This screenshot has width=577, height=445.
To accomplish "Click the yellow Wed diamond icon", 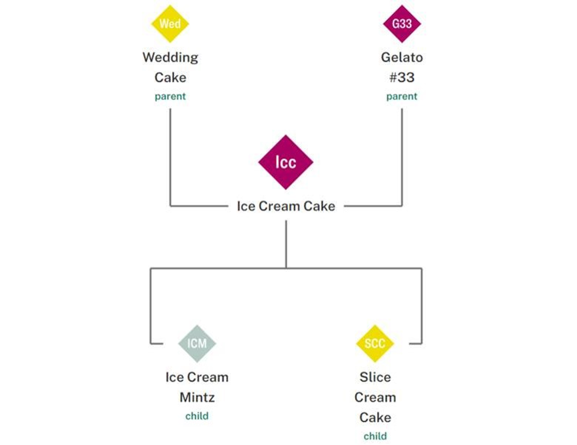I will (170, 24).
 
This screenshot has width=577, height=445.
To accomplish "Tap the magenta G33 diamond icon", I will (402, 24).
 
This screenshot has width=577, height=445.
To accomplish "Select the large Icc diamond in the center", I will (286, 162).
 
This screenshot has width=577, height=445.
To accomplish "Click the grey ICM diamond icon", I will (197, 343).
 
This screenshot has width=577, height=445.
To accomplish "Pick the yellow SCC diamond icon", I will (375, 343).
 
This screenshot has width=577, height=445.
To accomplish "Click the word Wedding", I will (170, 57).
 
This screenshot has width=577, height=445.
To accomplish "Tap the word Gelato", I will (402, 57).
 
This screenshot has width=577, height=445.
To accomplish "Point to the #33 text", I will (402, 77).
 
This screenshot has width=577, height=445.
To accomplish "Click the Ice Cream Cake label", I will (286, 206).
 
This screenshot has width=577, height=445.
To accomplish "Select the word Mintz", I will (197, 397).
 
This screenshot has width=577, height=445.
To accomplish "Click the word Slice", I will (375, 377).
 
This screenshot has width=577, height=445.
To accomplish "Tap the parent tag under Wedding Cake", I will (170, 96).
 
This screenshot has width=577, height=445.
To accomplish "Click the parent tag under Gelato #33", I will (402, 96).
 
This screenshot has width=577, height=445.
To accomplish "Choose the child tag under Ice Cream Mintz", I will (197, 416).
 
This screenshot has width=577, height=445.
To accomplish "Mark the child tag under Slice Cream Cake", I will (375, 436).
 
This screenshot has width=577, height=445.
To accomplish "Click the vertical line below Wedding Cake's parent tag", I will (170, 154).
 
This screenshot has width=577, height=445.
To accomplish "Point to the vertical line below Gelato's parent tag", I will (402, 154).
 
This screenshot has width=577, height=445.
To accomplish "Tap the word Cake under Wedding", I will (170, 77).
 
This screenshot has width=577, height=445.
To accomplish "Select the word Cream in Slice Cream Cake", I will (375, 397).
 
